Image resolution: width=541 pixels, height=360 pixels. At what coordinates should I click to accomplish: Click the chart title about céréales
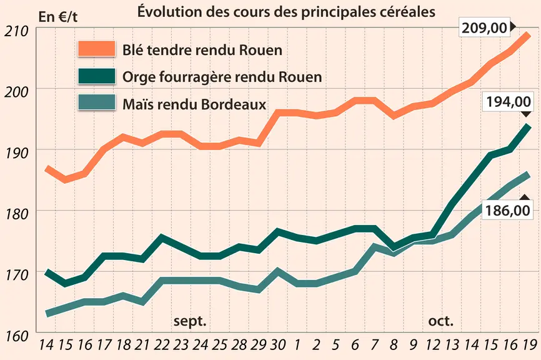(x=286, y=12)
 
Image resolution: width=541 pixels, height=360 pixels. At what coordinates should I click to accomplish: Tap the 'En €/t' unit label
(x=58, y=17)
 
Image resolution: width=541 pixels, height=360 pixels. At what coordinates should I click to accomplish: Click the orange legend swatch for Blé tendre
(x=97, y=49)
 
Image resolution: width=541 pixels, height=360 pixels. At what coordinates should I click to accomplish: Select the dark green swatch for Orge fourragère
(x=97, y=76)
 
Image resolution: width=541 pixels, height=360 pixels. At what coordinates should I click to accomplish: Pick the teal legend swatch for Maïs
(x=97, y=102)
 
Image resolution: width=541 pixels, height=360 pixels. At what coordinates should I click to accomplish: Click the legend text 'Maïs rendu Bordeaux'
(x=194, y=104)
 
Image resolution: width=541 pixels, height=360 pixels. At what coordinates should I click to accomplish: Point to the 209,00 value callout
(x=484, y=27)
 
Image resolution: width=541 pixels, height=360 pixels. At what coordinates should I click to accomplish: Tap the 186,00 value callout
(x=507, y=210)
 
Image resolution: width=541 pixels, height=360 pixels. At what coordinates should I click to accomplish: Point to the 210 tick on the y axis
(x=16, y=31)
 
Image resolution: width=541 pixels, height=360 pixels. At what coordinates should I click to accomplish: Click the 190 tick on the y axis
(x=16, y=153)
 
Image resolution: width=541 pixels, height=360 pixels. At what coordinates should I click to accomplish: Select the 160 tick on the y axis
(x=16, y=336)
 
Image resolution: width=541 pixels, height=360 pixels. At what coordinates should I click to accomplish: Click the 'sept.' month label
(x=190, y=321)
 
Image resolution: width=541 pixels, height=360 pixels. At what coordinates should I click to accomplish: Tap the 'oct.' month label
(x=440, y=321)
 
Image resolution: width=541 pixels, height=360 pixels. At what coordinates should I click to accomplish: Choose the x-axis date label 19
(x=530, y=344)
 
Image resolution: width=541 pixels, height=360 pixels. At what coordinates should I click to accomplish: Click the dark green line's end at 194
(x=529, y=126)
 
